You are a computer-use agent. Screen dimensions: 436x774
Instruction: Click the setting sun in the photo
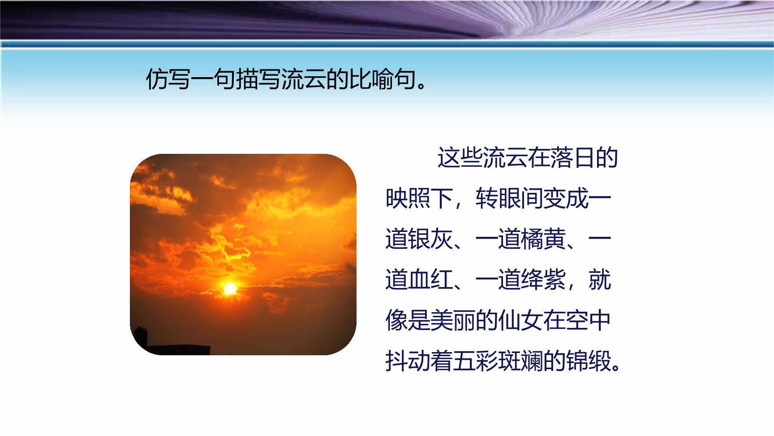(230, 288)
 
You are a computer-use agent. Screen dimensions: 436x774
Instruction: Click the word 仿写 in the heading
(168, 80)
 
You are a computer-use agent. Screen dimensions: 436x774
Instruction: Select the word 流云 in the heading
(303, 80)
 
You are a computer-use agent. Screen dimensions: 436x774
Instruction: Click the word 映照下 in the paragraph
(419, 198)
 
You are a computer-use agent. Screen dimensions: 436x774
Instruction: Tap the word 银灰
(430, 239)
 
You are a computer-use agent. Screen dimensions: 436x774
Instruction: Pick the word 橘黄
(543, 239)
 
